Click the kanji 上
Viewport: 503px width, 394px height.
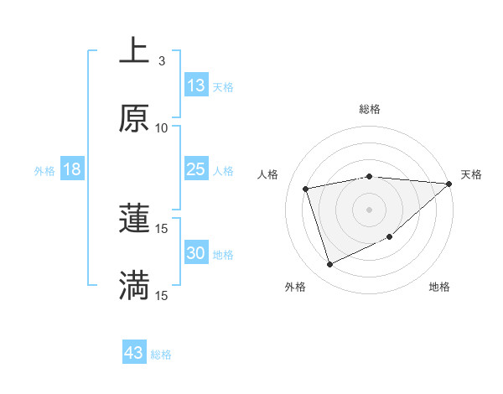pos(133,51)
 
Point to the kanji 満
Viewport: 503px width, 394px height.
pos(133,286)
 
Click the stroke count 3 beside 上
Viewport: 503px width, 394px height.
pos(162,61)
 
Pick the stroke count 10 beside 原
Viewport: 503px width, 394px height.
pos(162,128)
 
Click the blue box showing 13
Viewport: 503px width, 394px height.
pos(196,86)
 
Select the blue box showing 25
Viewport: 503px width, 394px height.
pos(196,169)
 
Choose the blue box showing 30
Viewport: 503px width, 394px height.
pos(196,253)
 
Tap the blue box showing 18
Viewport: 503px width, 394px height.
pos(72,169)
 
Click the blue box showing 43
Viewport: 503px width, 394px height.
pos(134,353)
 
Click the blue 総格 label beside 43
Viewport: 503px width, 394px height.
pos(161,355)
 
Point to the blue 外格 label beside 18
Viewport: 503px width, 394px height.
pos(44,171)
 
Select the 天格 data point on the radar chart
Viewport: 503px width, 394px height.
pos(449,184)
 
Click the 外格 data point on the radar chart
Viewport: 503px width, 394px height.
pos(329,265)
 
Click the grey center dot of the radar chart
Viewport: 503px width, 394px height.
pos(369,209)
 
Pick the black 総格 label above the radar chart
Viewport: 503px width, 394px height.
pos(369,109)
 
